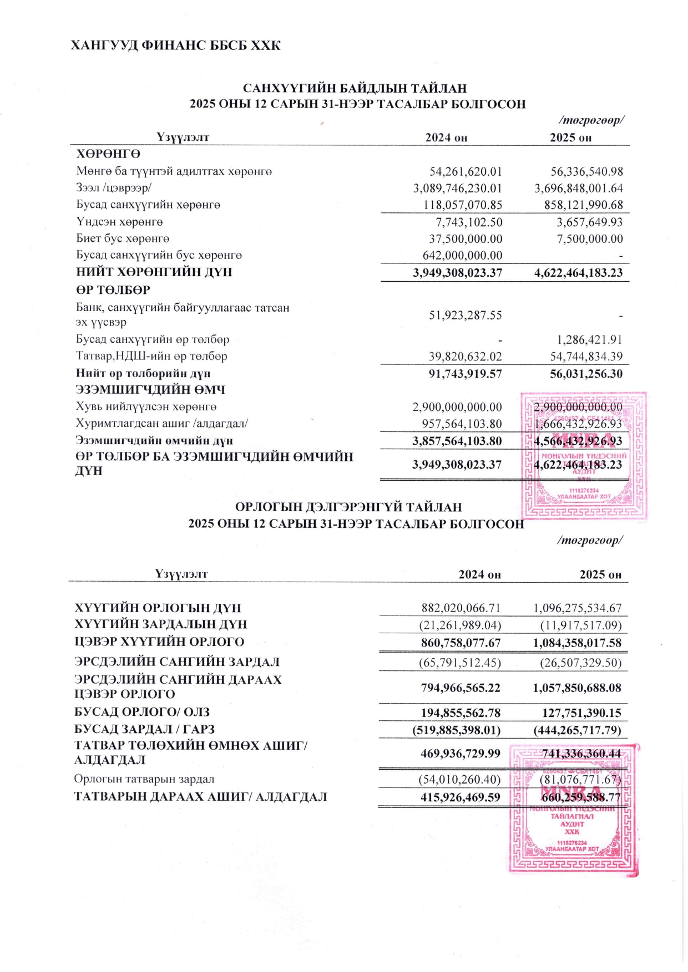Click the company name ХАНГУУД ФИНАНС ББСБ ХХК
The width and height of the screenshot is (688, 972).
coord(175,45)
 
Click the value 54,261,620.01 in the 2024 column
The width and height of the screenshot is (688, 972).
coord(466,172)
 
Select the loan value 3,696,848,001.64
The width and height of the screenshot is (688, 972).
coord(578,189)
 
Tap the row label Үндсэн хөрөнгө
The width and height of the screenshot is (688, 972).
coord(119,222)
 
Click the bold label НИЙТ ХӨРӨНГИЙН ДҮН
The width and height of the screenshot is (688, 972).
coord(154,272)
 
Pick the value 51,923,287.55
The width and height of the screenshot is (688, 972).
coord(466,315)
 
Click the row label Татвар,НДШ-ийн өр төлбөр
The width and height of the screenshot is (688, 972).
coord(151,356)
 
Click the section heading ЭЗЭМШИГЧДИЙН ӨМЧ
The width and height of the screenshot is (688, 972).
coord(150,390)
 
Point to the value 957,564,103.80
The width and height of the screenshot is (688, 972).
coord(462,424)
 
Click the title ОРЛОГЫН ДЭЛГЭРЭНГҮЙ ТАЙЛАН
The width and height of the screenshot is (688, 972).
coord(348,507)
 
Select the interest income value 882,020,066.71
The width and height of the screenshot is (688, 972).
coord(462,608)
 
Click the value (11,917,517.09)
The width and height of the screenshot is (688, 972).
coord(581,625)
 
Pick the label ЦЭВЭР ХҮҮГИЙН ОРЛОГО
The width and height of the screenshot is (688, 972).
coord(159,642)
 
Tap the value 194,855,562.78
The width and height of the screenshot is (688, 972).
coord(461,713)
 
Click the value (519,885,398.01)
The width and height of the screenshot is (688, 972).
coord(457,730)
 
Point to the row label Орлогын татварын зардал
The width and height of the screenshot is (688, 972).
coord(144,780)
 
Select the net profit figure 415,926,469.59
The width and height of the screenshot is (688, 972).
coord(461,798)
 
